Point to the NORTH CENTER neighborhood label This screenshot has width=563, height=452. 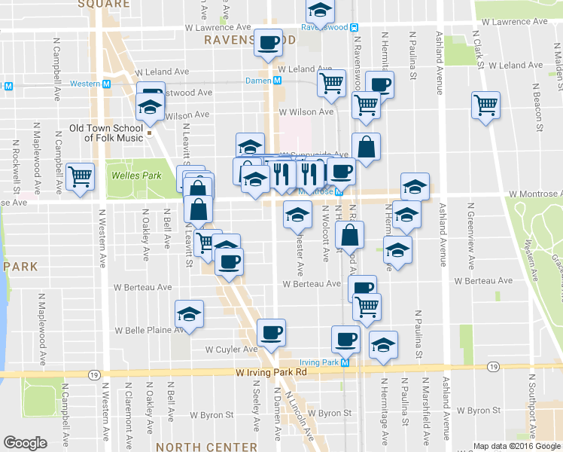[206, 447]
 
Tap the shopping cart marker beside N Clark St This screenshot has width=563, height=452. [485, 105]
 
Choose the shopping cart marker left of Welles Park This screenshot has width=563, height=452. [80, 176]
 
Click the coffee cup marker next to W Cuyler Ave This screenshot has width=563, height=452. [271, 332]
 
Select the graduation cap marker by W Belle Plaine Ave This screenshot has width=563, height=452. [189, 314]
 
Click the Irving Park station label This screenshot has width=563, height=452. [321, 362]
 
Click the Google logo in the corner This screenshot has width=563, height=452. [26, 443]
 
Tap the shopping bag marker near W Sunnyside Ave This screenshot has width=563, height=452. [366, 148]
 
